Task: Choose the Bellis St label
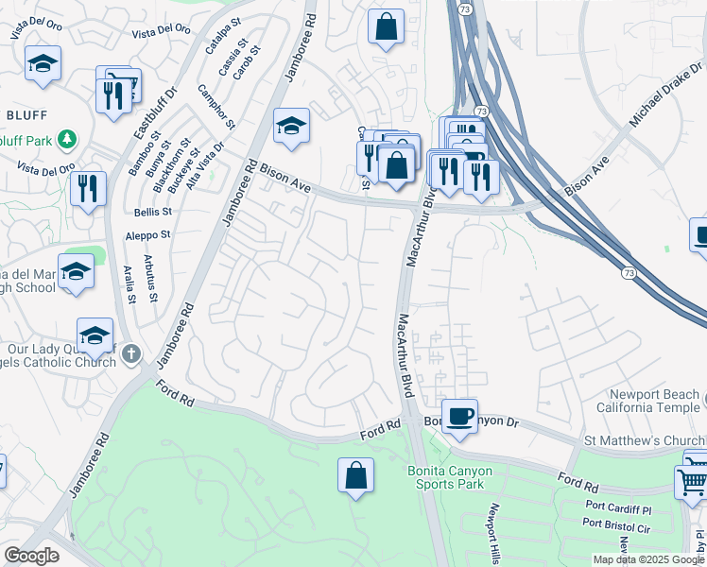tap(152, 213)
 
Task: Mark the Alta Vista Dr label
tap(205, 165)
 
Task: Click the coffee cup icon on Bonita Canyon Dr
tap(460, 416)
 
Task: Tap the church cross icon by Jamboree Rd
tap(131, 354)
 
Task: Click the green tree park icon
tap(67, 141)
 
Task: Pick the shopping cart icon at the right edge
tap(692, 480)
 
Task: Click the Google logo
tap(31, 556)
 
